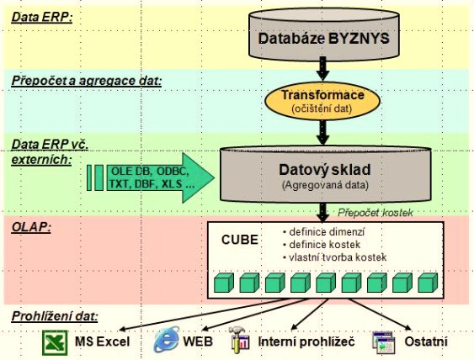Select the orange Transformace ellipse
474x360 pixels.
[x=322, y=100]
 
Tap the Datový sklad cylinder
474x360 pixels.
[x=325, y=174]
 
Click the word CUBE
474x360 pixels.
[x=240, y=240]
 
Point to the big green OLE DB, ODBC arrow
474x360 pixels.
[x=151, y=177]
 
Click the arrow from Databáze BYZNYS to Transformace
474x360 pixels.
[x=322, y=68]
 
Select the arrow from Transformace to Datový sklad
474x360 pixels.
[x=322, y=132]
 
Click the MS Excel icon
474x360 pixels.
[x=55, y=342]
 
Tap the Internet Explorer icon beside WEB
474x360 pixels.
[x=167, y=340]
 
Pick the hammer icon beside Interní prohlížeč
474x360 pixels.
[x=239, y=340]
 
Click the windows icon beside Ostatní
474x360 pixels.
[x=384, y=342]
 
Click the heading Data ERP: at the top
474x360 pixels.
[x=42, y=17]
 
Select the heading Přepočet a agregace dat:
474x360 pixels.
[x=87, y=81]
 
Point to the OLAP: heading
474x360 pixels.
[x=31, y=227]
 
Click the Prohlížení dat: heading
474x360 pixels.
[x=55, y=316]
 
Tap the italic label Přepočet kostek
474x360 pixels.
[x=375, y=213]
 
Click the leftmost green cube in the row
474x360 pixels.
[x=224, y=283]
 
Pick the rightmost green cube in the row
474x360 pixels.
[x=428, y=283]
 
